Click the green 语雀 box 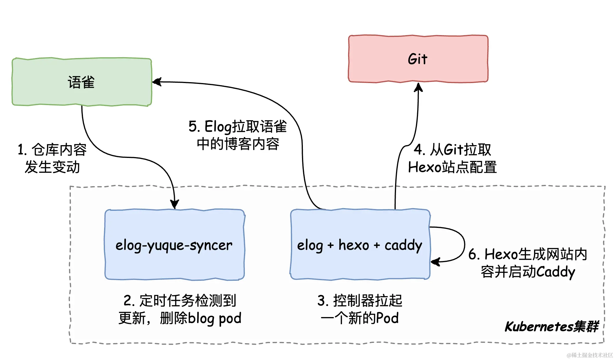click(82, 82)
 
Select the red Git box click(418, 59)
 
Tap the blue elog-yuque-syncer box click(174, 244)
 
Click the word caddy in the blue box click(403, 245)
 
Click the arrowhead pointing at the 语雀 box click(157, 82)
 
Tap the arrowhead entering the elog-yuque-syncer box click(174, 204)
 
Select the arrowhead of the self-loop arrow click(435, 262)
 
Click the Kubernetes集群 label click(551, 327)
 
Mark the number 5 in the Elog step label click(193, 127)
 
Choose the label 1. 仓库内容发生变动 click(52, 158)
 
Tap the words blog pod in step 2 click(215, 318)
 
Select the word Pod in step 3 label click(387, 318)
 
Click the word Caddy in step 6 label click(555, 272)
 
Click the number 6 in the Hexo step click(473, 255)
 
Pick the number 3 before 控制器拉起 click(322, 301)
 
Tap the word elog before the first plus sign click(310, 245)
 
